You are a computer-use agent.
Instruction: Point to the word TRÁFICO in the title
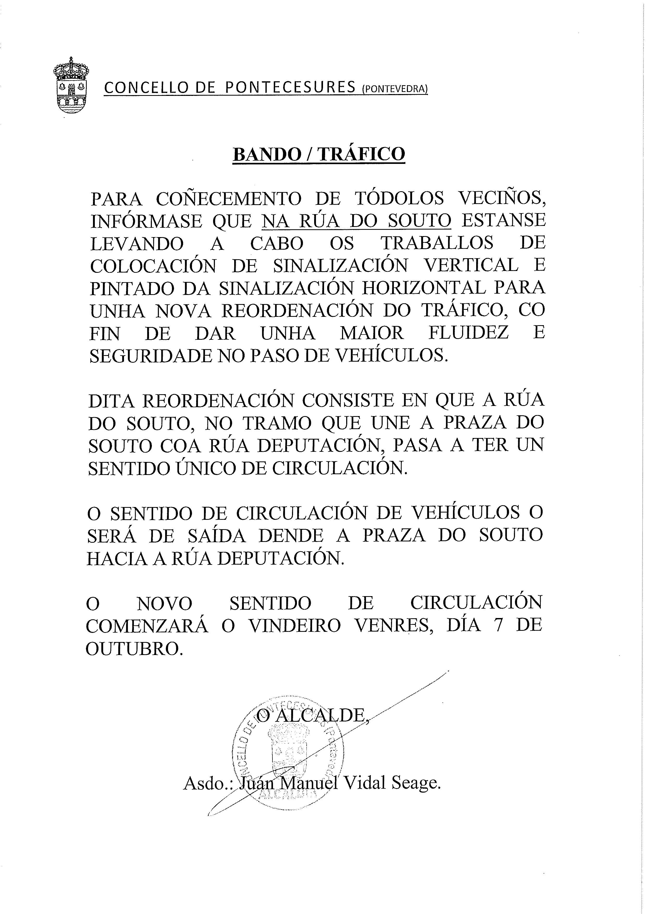pyautogui.click(x=361, y=154)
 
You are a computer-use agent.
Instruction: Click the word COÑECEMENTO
pyautogui.click(x=228, y=199)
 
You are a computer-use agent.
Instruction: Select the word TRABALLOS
pyautogui.click(x=437, y=243)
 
